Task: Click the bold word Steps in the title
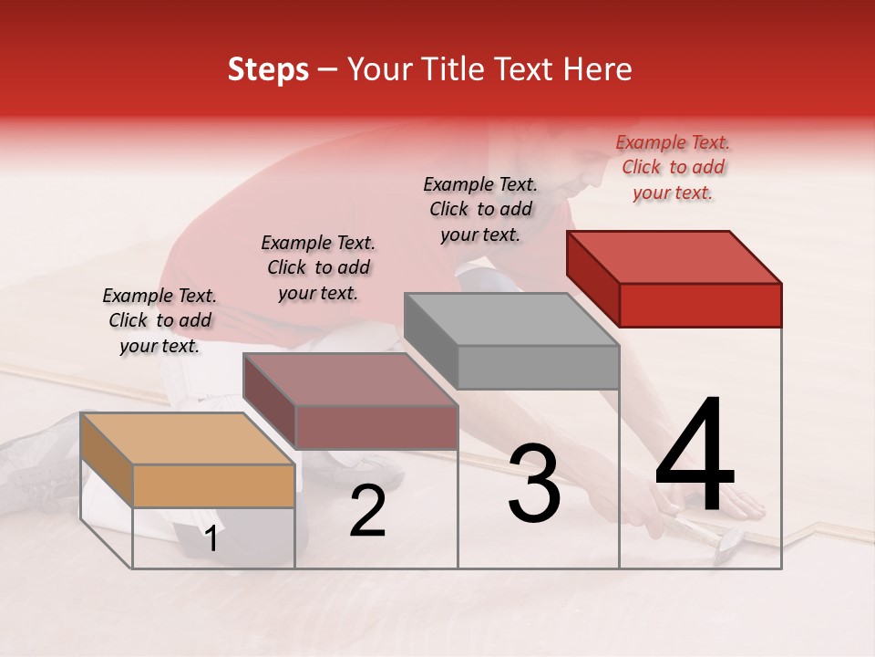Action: (268, 69)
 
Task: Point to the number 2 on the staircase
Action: (367, 511)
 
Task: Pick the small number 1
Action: (211, 539)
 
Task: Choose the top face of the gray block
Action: (511, 318)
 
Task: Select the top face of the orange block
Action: (187, 438)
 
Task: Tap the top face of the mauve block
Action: (349, 379)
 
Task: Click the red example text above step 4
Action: (673, 168)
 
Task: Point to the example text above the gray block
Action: (480, 210)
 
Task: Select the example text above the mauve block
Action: (318, 267)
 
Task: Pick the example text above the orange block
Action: (160, 320)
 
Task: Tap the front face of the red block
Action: (700, 305)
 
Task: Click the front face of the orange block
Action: (214, 485)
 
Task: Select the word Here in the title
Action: (598, 69)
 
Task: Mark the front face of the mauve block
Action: (376, 427)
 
